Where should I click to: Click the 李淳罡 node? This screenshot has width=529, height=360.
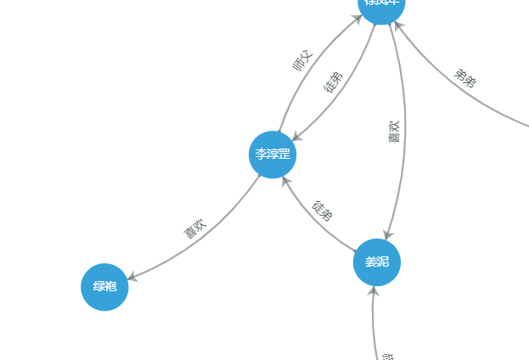pyautogui.click(x=273, y=155)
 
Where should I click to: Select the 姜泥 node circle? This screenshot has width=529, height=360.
pyautogui.click(x=376, y=262)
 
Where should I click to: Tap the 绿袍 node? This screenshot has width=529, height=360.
pyautogui.click(x=104, y=287)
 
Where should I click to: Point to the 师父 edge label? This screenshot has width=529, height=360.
pyautogui.click(x=302, y=62)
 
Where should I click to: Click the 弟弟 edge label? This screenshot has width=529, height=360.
pyautogui.click(x=464, y=79)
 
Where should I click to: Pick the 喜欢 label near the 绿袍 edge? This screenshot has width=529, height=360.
pyautogui.click(x=195, y=229)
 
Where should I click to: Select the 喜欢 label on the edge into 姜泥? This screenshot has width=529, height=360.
pyautogui.click(x=395, y=132)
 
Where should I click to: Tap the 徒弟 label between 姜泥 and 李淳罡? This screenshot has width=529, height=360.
pyautogui.click(x=322, y=211)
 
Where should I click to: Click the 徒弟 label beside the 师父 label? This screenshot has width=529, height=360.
pyautogui.click(x=334, y=82)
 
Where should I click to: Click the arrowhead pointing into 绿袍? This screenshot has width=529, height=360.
pyautogui.click(x=132, y=276)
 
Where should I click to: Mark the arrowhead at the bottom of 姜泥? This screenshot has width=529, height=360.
pyautogui.click(x=373, y=291)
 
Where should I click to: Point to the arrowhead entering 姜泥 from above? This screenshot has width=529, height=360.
pyautogui.click(x=387, y=235)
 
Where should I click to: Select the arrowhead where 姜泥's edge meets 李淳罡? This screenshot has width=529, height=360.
pyautogui.click(x=286, y=180)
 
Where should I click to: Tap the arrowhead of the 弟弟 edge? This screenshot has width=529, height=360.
pyautogui.click(x=397, y=25)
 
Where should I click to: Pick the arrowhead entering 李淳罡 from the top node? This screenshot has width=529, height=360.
pyautogui.click(x=295, y=138)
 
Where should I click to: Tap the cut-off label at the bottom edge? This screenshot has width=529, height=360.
pyautogui.click(x=387, y=356)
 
